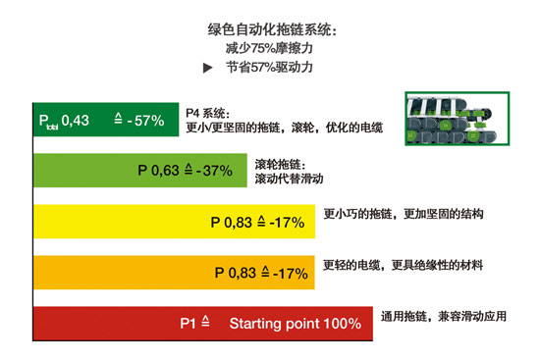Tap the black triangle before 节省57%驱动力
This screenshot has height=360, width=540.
click(x=206, y=68)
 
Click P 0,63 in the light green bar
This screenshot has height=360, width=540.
click(x=158, y=171)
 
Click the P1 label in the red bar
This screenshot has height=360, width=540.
click(x=189, y=323)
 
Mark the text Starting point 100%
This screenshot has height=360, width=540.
click(x=295, y=323)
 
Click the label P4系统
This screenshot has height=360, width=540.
click(x=211, y=113)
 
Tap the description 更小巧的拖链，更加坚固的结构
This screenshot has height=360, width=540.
click(x=405, y=214)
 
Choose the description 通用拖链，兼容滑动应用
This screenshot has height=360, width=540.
click(x=444, y=319)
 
